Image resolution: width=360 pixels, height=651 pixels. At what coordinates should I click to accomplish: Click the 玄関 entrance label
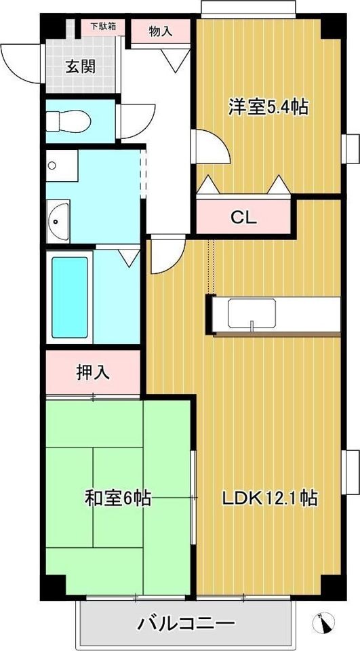[x=81, y=66]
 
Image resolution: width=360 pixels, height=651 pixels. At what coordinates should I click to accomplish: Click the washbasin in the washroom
[x=58, y=221]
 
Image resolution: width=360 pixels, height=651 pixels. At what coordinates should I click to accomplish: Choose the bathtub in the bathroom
[x=70, y=297]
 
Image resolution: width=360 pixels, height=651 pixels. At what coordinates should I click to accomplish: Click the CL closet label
[x=244, y=217]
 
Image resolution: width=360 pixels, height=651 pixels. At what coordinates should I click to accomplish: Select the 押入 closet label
[x=93, y=372]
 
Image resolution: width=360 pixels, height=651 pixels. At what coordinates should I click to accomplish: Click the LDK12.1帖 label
[x=270, y=497]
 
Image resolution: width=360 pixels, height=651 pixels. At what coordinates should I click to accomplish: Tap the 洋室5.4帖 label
[x=268, y=107]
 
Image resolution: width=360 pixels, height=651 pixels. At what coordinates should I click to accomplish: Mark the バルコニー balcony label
[x=186, y=623]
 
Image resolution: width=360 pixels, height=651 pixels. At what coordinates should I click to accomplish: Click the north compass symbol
[x=323, y=623]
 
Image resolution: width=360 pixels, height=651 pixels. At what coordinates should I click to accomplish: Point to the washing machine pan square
[x=62, y=165]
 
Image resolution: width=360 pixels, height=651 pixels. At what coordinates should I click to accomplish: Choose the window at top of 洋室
[x=248, y=9]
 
